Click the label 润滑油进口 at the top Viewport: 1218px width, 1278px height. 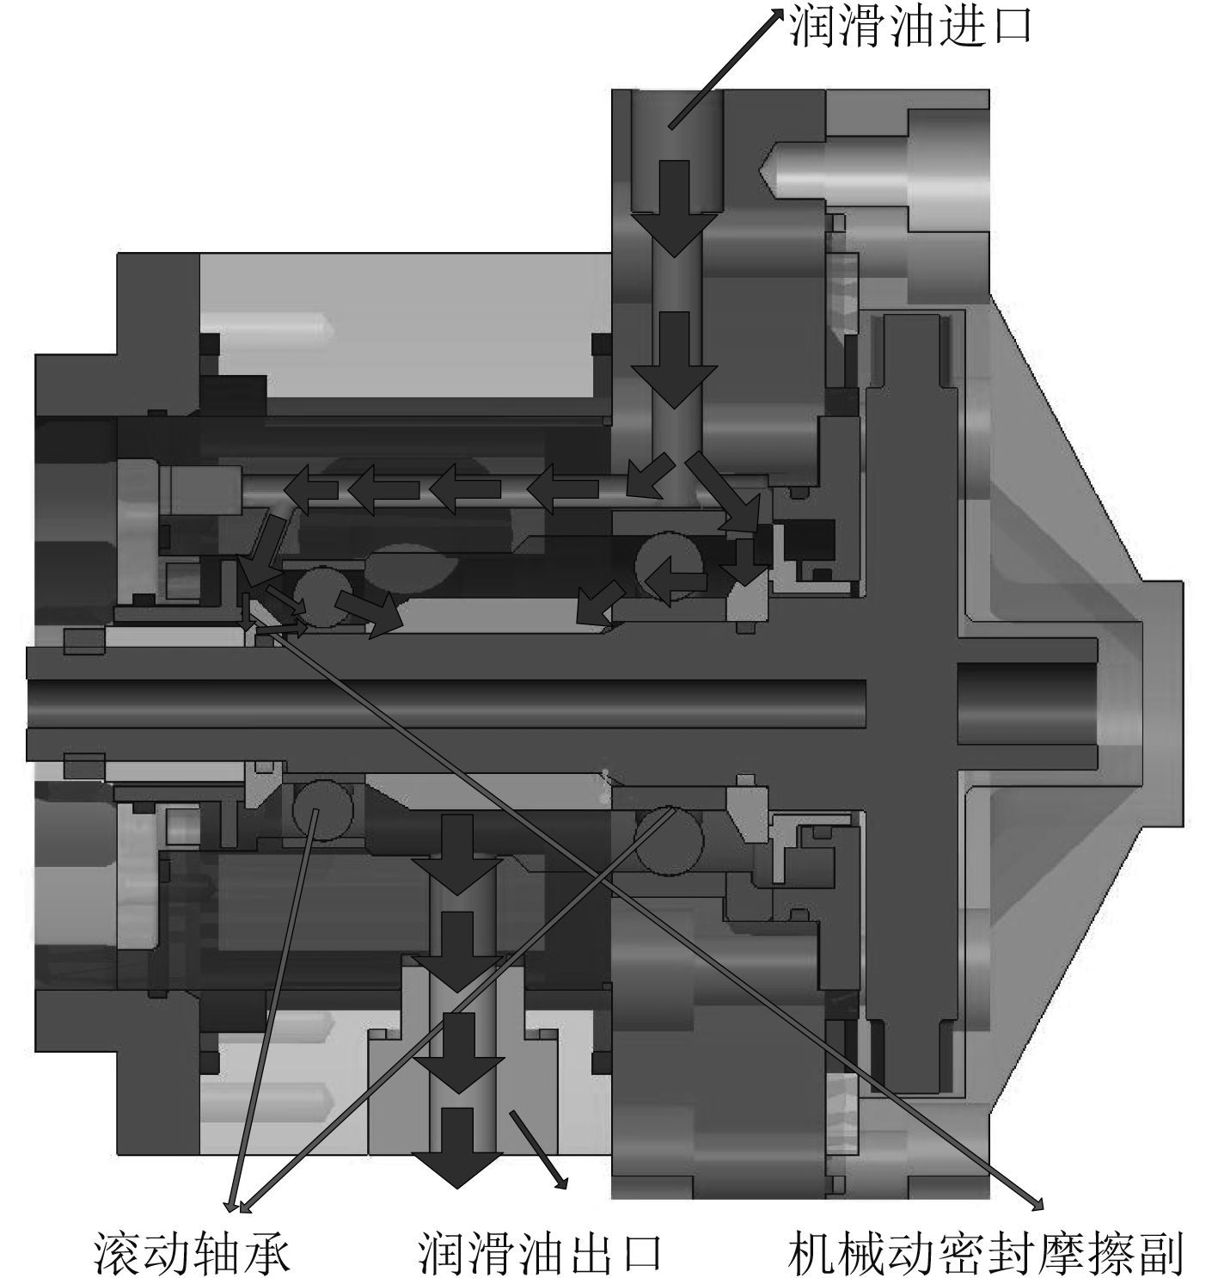pos(910,26)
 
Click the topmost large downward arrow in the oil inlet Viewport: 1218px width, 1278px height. pos(674,208)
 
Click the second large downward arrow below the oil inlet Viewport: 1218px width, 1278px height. pos(674,359)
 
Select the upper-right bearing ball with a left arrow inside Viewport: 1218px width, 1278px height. pos(670,565)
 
